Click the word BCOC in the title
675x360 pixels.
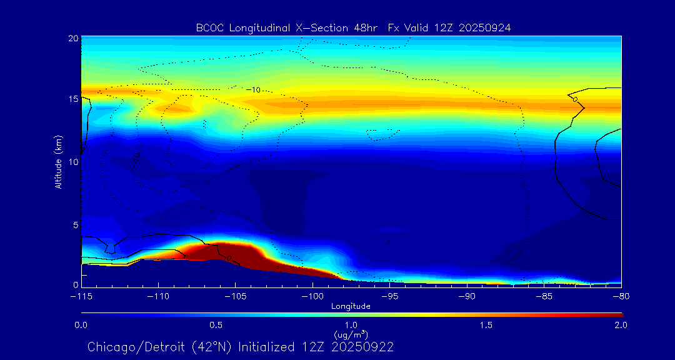(x=209, y=27)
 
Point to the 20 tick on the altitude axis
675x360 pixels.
(x=72, y=39)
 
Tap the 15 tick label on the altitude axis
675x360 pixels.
(x=72, y=99)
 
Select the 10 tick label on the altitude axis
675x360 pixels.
(x=72, y=162)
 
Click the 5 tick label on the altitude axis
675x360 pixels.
(x=75, y=224)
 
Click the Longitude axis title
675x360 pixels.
(x=351, y=306)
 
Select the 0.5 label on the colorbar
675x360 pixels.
(x=216, y=325)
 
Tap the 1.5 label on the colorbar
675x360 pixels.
(x=486, y=325)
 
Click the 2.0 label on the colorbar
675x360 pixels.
(x=621, y=325)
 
